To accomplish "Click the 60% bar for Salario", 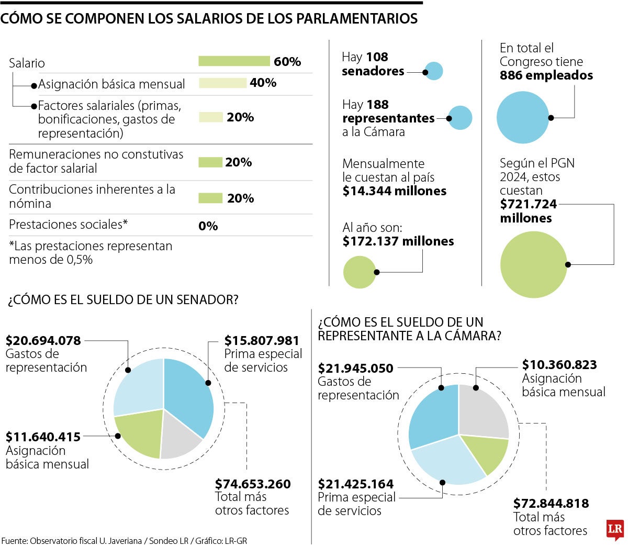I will click(x=234, y=61).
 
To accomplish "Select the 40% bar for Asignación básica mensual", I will click(x=222, y=83).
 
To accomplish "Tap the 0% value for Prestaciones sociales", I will click(x=208, y=226).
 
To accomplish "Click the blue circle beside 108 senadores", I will click(x=434, y=71).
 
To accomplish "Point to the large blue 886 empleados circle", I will click(x=523, y=117).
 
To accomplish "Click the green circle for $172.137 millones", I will click(x=360, y=272).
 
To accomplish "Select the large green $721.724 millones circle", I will click(x=534, y=265).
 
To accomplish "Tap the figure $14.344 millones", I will click(x=395, y=191).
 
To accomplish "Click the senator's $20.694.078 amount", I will click(x=43, y=341).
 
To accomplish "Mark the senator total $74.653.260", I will click(x=253, y=484).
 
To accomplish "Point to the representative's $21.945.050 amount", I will click(x=356, y=369).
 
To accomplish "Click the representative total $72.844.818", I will click(x=551, y=504).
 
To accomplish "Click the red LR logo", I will click(x=614, y=530).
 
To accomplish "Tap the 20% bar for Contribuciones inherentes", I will click(x=210, y=198).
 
